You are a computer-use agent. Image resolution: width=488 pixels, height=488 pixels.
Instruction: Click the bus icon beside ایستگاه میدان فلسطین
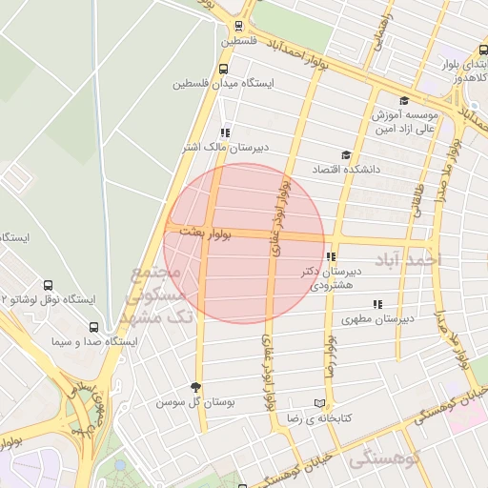(x=223, y=69)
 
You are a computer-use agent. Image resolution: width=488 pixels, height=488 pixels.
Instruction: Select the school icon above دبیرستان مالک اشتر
(x=225, y=132)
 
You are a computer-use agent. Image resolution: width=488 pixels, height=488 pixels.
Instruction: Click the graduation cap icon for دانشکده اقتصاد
(x=345, y=155)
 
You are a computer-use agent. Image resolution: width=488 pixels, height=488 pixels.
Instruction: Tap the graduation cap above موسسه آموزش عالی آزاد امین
(x=404, y=100)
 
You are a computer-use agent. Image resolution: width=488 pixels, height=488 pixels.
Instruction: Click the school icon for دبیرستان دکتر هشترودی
(x=330, y=256)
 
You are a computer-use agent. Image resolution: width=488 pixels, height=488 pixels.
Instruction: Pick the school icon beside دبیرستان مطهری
(x=377, y=304)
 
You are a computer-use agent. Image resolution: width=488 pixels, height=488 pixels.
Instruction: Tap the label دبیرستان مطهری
(x=378, y=319)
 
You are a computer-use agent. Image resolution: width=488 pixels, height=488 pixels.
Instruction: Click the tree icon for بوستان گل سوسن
(x=196, y=387)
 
